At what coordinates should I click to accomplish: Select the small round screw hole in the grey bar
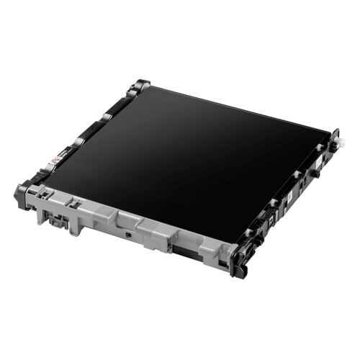[127, 232]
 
